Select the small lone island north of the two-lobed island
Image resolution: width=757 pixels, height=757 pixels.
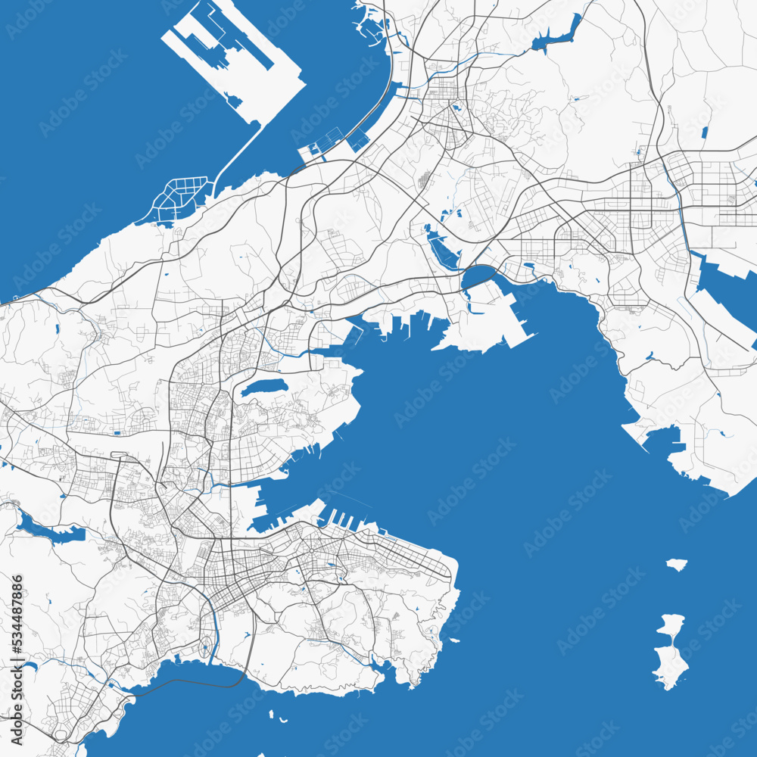coord(677,564)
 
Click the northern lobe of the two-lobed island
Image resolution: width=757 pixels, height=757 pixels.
coord(671,626)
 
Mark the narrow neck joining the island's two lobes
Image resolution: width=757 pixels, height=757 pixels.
coord(668,644)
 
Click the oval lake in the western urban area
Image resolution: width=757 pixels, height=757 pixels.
coord(264,388)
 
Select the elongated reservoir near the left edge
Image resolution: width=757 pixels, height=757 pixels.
coord(49,530)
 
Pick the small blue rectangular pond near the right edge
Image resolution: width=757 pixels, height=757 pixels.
coord(704,132)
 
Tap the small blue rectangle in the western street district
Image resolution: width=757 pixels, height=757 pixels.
coord(118,434)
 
